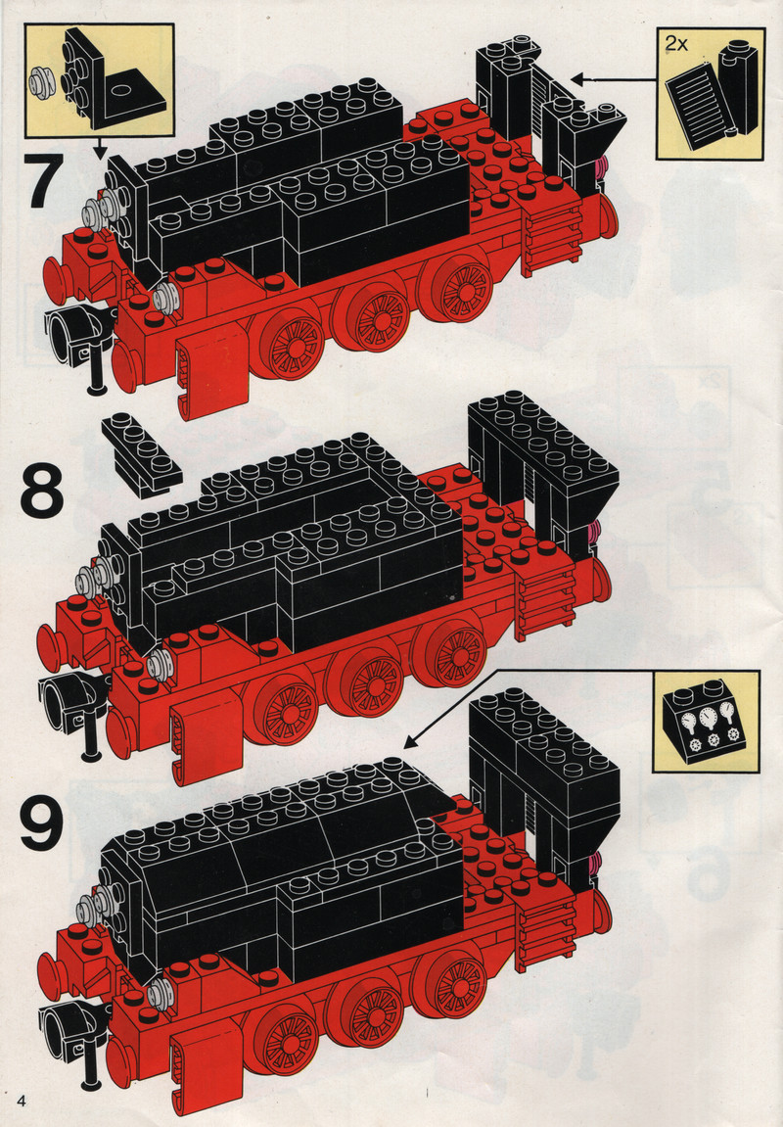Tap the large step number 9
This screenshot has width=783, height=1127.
[41, 822]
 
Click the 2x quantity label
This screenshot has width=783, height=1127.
[676, 44]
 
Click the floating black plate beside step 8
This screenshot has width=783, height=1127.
[142, 455]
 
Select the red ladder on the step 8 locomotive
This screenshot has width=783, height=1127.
[546, 601]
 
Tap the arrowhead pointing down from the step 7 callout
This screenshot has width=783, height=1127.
[100, 153]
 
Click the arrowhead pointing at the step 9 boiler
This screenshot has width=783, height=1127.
[410, 741]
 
